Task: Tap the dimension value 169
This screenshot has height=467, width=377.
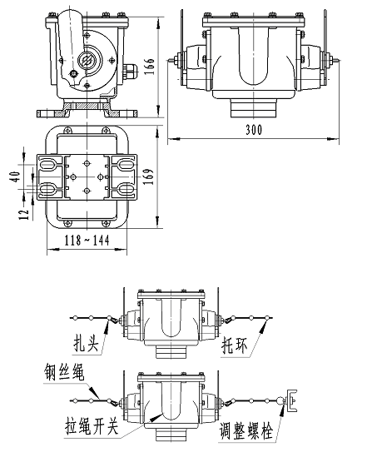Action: coord(149,177)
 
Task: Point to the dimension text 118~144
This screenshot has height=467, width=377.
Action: coord(86,241)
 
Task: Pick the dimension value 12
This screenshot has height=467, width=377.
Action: coord(25,211)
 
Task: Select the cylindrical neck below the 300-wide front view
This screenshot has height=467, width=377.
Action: coord(251,108)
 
